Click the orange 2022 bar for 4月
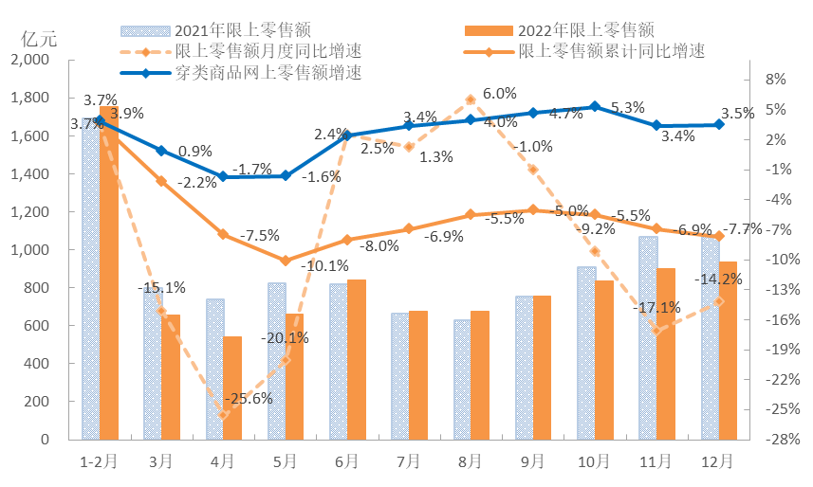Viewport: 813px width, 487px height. (232, 388)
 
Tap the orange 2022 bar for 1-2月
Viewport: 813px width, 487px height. (109, 275)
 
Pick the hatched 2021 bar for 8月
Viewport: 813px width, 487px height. (462, 380)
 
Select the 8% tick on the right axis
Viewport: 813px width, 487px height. (774, 80)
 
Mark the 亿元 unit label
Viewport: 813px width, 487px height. (39, 39)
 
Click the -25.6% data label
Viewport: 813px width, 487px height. (249, 399)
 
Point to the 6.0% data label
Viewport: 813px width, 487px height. (500, 93)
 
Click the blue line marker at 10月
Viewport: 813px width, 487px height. (594, 107)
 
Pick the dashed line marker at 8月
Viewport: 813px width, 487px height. (471, 99)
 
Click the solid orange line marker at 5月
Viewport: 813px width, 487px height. (286, 261)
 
